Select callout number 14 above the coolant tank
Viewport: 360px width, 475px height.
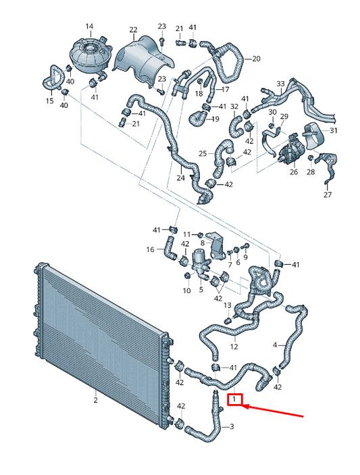tap(89, 26)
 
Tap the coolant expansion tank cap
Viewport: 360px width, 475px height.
tap(91, 48)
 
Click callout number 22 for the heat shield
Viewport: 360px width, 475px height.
tap(133, 30)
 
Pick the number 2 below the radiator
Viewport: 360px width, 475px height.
tap(95, 400)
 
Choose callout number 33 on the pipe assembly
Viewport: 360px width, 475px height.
tap(280, 84)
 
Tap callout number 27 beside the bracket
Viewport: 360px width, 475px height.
tap(328, 195)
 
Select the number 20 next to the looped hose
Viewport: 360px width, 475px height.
tap(256, 59)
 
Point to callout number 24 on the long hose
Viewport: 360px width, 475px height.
tap(180, 178)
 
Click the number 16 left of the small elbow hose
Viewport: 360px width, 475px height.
tap(150, 249)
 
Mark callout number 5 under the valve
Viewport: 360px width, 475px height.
tap(201, 290)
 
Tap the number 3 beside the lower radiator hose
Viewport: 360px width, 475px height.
tap(232, 426)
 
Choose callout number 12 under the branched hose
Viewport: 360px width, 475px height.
tap(234, 346)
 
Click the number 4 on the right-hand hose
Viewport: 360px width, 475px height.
tap(275, 345)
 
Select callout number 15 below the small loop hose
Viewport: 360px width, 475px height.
tap(50, 101)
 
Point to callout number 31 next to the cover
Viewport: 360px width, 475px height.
tap(333, 130)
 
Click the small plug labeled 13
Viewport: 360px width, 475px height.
tap(228, 320)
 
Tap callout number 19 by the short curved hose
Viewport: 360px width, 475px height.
tap(215, 119)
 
